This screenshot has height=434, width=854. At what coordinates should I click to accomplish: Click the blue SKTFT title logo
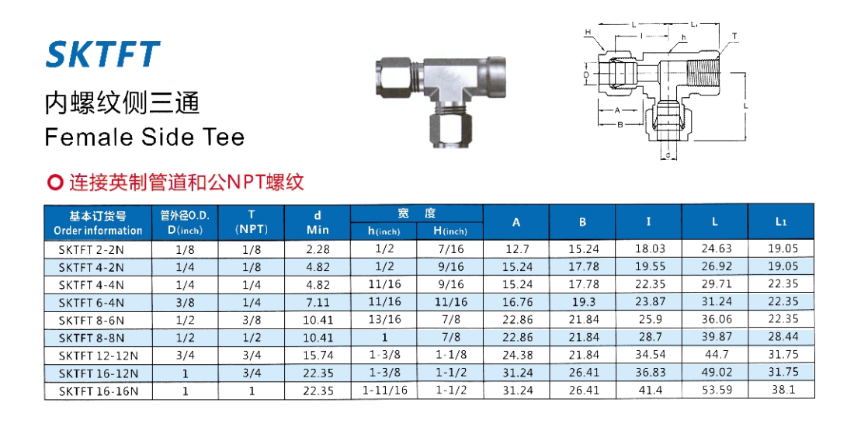point(103,54)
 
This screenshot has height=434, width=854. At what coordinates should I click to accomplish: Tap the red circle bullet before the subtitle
point(55,182)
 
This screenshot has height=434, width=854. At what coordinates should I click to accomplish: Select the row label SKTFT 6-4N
point(91,302)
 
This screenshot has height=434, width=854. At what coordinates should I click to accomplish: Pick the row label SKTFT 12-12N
point(98,356)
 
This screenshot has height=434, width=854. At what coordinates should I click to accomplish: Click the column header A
point(516,222)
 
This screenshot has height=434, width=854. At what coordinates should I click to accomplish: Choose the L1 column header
point(781,221)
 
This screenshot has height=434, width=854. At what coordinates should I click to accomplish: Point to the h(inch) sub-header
point(384,231)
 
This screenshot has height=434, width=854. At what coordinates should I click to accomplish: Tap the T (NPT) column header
point(252,221)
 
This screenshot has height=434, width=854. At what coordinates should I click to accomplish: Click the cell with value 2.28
point(318,249)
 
